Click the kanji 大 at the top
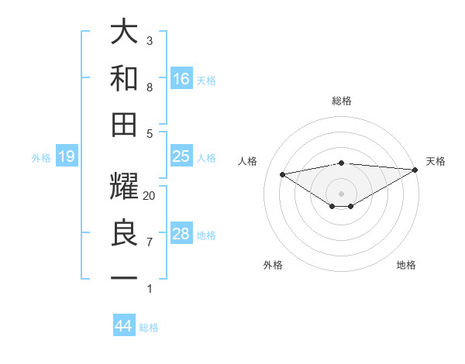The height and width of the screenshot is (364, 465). click(125, 33)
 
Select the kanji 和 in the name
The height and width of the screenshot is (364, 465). click(125, 77)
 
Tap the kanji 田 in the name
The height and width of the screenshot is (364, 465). click(125, 124)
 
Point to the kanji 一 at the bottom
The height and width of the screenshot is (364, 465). click(125, 278)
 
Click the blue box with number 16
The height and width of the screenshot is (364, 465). click(181, 78)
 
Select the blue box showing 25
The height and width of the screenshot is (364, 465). click(181, 156)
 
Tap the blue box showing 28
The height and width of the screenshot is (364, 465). click(181, 234)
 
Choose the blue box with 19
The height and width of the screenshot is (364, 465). click(66, 157)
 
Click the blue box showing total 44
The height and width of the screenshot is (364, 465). click(123, 326)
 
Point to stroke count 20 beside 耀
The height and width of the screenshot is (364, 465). click(150, 196)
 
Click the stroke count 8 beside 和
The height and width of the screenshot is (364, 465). click(150, 88)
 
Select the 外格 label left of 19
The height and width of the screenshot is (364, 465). click(41, 158)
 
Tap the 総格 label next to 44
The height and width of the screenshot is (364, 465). click(149, 328)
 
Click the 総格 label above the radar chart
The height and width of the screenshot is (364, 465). click(341, 101)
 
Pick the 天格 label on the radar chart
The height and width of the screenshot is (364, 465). click(436, 161)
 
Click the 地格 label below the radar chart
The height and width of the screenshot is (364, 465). click(406, 265)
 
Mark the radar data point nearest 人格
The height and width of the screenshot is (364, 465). click(283, 173)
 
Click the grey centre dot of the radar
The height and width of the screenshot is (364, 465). click(341, 193)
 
